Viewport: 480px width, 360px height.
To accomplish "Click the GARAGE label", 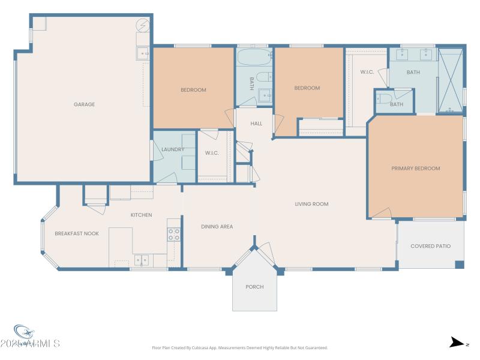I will pyautogui.click(x=84, y=104).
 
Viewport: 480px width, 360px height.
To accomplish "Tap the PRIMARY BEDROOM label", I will pyautogui.click(x=415, y=169).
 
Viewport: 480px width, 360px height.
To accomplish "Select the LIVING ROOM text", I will pyautogui.click(x=311, y=204).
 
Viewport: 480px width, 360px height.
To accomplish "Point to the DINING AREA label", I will pyautogui.click(x=217, y=227).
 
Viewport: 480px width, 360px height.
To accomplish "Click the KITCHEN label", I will pyautogui.click(x=142, y=215).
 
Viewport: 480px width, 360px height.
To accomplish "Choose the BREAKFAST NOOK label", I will pyautogui.click(x=77, y=233).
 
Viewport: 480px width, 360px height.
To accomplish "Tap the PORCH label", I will pyautogui.click(x=254, y=287).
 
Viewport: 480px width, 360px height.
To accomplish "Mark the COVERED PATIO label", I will pyautogui.click(x=430, y=246).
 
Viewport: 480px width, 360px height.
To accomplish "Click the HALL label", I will pyautogui.click(x=256, y=124).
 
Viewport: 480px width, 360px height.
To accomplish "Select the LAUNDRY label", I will pyautogui.click(x=173, y=149).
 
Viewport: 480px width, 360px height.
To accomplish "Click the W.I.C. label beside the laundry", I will pyautogui.click(x=212, y=153).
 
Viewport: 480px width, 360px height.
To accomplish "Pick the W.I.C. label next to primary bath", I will pyautogui.click(x=367, y=72).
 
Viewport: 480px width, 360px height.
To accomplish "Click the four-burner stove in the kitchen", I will pyautogui.click(x=173, y=235).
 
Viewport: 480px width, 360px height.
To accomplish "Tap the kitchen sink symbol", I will pyautogui.click(x=142, y=260).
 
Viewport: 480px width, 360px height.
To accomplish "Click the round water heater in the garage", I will pyautogui.click(x=143, y=26).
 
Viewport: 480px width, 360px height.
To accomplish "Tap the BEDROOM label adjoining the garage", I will pyautogui.click(x=193, y=90).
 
